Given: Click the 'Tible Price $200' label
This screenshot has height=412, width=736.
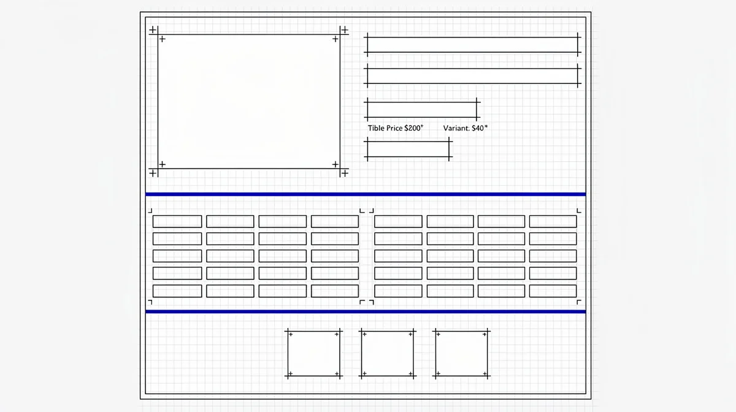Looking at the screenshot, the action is click(x=395, y=128).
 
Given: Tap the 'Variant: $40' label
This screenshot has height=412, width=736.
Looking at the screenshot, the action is click(x=465, y=128).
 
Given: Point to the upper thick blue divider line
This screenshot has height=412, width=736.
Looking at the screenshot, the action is click(x=366, y=194).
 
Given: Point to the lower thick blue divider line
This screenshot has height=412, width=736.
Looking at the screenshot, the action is click(x=366, y=311).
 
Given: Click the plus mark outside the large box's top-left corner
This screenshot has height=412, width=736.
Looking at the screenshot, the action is click(x=153, y=30).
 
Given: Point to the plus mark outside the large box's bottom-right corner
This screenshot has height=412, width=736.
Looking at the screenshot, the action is click(x=345, y=173).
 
